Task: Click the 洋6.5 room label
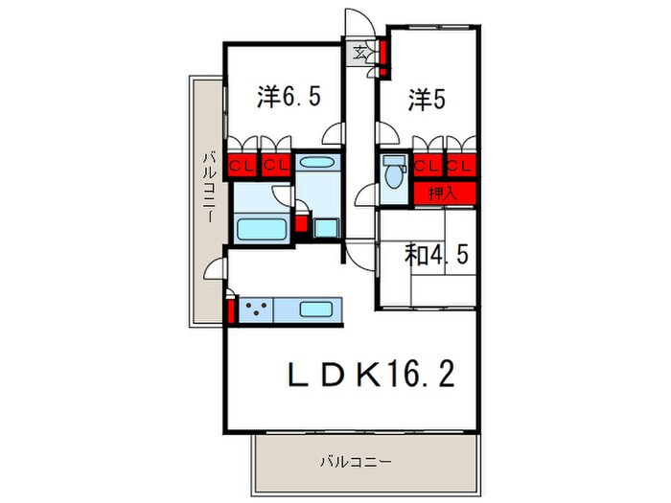click(x=281, y=96)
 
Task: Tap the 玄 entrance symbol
click(x=357, y=52)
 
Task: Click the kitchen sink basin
click(x=314, y=309)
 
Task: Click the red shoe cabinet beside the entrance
click(x=382, y=57)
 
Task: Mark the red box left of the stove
click(x=232, y=312)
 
